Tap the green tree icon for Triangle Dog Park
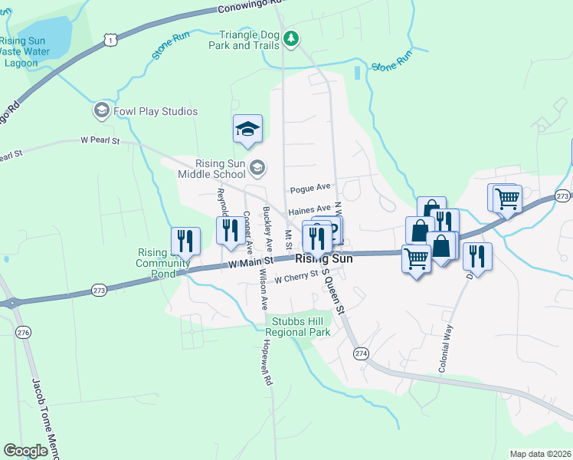(290, 38)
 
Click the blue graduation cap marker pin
(247, 130)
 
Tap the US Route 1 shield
(112, 38)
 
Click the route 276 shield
(23, 332)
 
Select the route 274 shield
(361, 353)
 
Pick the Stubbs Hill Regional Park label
(297, 327)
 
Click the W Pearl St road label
(101, 141)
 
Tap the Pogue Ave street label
(309, 188)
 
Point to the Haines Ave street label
(309, 209)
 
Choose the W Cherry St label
(296, 278)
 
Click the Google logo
(25, 451)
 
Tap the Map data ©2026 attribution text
(539, 454)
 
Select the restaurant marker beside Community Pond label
(186, 242)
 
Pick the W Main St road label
(250, 263)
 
